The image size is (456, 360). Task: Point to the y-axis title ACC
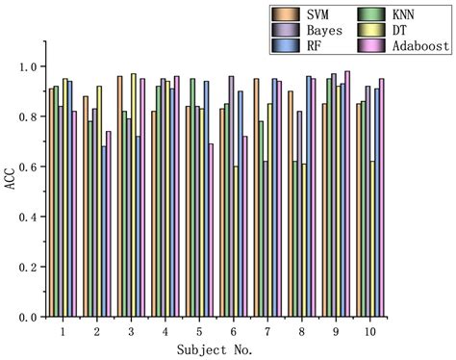pos(11,179)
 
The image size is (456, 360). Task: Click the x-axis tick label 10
pos(370,331)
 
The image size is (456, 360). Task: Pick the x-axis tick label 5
pos(197,331)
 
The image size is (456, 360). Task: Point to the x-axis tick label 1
pos(62,331)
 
